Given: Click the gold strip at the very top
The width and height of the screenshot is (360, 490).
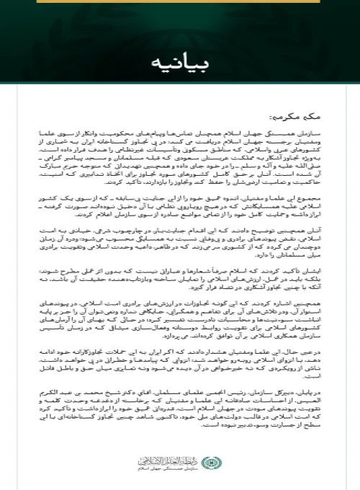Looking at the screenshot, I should pyautogui.click(x=180, y=3).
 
